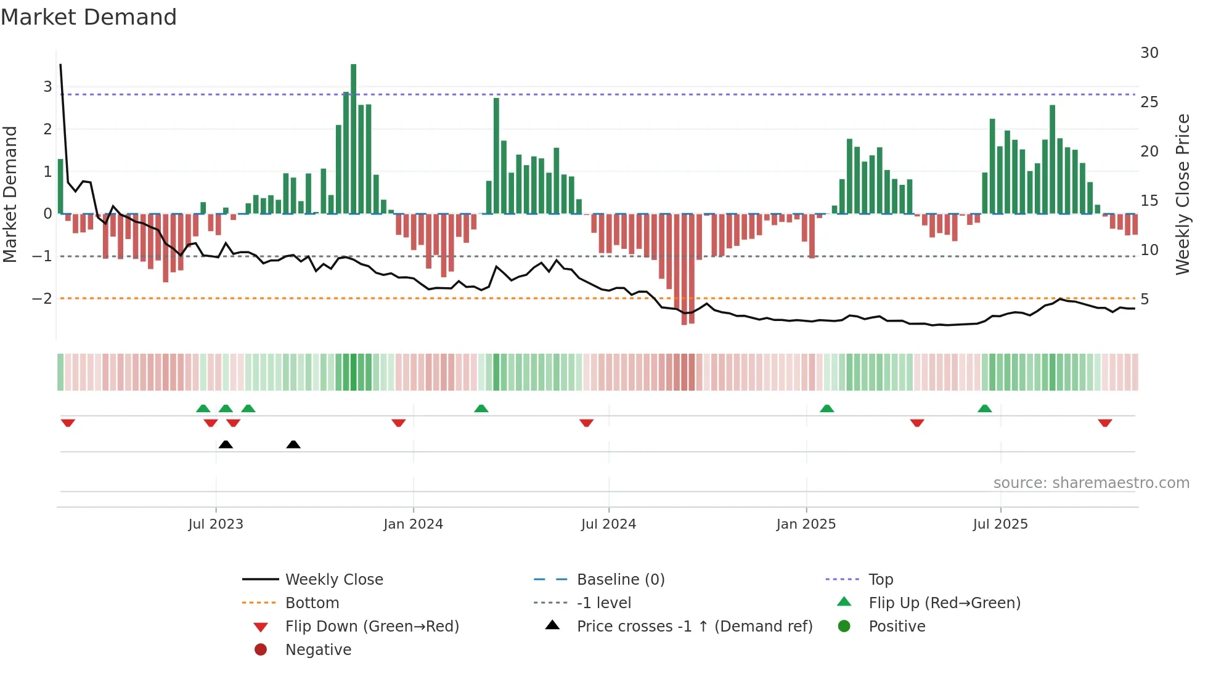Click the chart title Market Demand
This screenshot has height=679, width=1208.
click(89, 17)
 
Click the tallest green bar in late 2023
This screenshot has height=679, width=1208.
click(353, 139)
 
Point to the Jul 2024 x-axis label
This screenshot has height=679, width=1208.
click(608, 524)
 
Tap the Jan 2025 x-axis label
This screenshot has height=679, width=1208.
click(806, 524)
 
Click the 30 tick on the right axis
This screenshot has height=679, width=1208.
click(1149, 53)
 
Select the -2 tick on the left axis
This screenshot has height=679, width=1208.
click(42, 299)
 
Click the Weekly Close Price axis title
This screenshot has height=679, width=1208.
click(1182, 194)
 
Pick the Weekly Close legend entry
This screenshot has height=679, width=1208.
click(333, 580)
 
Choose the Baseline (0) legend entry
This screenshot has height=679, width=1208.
click(620, 580)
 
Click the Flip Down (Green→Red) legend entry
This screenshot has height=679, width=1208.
click(372, 627)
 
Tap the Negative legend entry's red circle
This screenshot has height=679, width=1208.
click(261, 650)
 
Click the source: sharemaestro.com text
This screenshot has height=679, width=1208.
click(1091, 483)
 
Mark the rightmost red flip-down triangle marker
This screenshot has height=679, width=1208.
click(1104, 423)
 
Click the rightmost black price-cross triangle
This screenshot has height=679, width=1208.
click(293, 445)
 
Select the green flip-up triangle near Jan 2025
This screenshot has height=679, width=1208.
click(826, 409)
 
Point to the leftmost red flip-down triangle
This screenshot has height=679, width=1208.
click(68, 423)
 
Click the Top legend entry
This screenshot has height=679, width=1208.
click(880, 580)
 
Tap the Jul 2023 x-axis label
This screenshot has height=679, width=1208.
click(216, 524)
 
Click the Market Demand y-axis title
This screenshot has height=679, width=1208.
click(10, 194)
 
